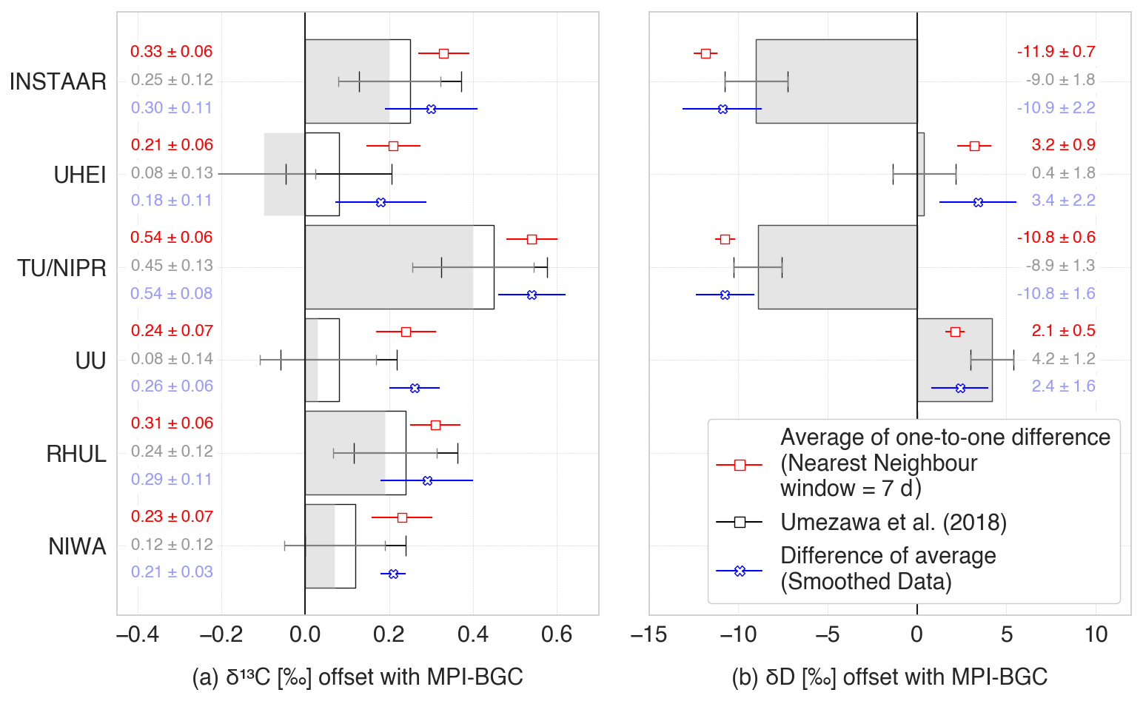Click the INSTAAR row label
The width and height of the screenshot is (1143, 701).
58,81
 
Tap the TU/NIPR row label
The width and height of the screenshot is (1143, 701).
62,267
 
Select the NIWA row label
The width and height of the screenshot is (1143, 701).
77,546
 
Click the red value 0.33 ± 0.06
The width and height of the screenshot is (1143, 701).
171,52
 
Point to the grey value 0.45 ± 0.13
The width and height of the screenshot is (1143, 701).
172,266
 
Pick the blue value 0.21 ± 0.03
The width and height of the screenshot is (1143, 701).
172,572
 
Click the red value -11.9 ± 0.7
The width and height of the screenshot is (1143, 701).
1056,52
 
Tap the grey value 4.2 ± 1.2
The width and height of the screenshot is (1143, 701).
1063,359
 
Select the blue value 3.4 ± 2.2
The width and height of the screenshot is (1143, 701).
1063,201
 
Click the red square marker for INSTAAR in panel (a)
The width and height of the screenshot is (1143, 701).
443,53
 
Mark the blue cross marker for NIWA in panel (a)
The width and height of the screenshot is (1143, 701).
393,574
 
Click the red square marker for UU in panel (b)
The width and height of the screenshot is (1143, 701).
955,332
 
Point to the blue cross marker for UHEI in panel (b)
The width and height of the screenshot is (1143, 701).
978,202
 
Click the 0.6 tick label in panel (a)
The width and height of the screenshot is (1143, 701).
557,634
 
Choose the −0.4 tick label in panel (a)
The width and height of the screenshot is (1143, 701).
137,634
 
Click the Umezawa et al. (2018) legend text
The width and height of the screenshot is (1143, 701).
894,523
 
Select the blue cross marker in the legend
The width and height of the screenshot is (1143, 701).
740,571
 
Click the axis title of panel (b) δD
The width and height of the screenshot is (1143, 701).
889,677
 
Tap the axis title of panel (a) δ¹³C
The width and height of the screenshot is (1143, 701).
357,677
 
